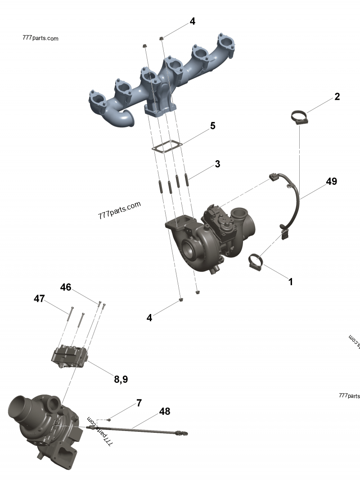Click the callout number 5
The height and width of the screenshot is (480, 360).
point(212,126)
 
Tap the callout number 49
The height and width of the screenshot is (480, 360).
point(331,181)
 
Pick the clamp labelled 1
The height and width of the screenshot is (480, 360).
point(256,261)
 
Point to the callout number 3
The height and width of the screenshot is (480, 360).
point(217,164)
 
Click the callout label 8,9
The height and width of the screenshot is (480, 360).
point(121,379)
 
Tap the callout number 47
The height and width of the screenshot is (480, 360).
point(39,299)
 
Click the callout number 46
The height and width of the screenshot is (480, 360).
point(66,287)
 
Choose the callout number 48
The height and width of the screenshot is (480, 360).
point(165,411)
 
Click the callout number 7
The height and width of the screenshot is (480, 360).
point(139,403)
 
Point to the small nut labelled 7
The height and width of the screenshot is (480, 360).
point(109,420)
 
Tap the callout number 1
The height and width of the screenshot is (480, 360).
point(291,282)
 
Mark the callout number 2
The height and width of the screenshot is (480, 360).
point(337,96)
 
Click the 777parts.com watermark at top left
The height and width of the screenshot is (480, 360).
point(40,38)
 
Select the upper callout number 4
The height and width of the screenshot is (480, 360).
point(192,21)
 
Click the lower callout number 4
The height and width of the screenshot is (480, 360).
point(149,318)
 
